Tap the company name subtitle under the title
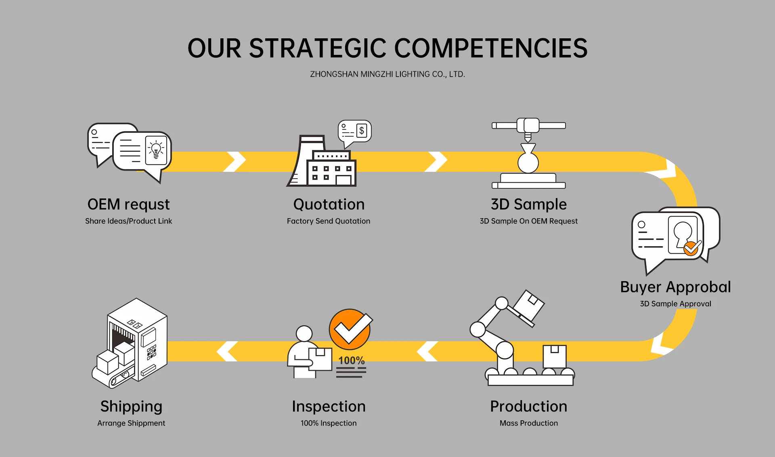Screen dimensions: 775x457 (x=387, y=74)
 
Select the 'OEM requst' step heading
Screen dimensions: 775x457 (x=128, y=205)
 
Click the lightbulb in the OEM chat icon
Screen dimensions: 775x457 (x=156, y=150)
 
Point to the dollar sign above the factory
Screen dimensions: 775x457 (x=362, y=130)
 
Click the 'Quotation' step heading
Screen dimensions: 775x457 (x=329, y=205)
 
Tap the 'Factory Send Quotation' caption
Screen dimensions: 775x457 (x=329, y=221)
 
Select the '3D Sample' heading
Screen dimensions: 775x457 (x=529, y=205)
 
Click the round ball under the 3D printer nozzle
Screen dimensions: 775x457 (x=528, y=163)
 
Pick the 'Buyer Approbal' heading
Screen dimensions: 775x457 (x=675, y=287)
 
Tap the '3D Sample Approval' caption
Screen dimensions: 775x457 (x=675, y=304)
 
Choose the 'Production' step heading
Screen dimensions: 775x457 (x=529, y=407)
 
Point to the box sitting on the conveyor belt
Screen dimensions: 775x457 (x=554, y=356)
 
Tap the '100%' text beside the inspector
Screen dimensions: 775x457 (x=351, y=360)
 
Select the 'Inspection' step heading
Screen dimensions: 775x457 (x=329, y=407)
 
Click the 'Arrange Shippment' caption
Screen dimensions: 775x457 (x=131, y=423)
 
